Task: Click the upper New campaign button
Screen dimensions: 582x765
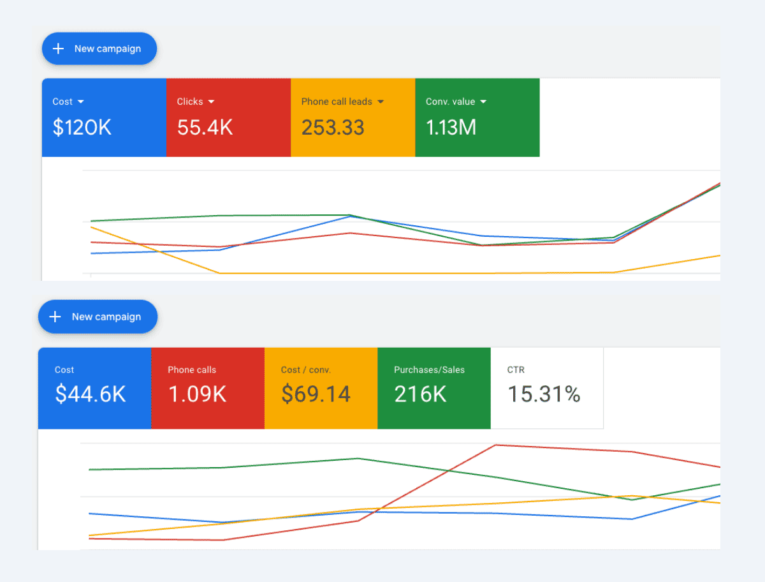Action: [99, 48]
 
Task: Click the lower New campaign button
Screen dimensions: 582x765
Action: [98, 317]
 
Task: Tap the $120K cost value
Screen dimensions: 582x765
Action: [82, 128]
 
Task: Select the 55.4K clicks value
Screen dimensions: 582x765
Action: [205, 128]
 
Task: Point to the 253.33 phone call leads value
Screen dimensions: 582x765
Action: [333, 128]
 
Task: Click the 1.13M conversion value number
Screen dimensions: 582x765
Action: [451, 128]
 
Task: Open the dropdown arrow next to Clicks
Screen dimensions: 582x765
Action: [212, 101]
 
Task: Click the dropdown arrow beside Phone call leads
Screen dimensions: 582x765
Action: [381, 101]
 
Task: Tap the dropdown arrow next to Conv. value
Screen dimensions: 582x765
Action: [483, 101]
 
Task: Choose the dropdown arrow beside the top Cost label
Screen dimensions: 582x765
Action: [81, 101]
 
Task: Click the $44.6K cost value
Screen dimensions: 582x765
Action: [91, 394]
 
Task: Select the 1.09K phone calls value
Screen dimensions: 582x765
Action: [197, 394]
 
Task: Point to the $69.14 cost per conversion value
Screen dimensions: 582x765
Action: [316, 394]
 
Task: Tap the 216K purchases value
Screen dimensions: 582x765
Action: [420, 394]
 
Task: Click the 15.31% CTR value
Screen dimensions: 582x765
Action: [544, 394]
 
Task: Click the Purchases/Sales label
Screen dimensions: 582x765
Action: [429, 369]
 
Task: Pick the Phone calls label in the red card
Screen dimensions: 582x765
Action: [192, 369]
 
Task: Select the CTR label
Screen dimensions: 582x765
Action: [516, 369]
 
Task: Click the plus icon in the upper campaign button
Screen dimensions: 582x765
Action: [58, 48]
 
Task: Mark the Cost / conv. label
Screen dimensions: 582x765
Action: [306, 369]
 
